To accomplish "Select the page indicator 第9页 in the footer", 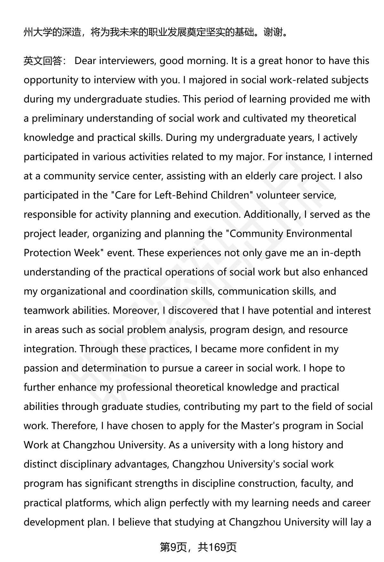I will point(173,547).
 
